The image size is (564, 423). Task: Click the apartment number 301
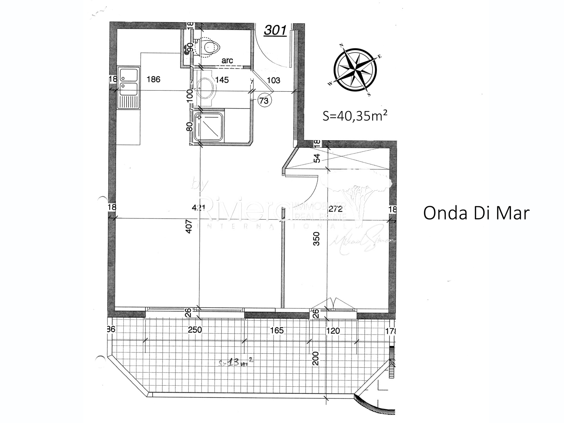click(275, 30)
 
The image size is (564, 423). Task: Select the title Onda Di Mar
click(476, 213)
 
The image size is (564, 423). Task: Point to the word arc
click(227, 61)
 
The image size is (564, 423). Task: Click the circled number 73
click(264, 101)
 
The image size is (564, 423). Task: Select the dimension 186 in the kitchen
click(153, 79)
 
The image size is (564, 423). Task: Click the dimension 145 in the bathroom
click(222, 80)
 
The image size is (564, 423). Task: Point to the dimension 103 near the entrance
click(274, 80)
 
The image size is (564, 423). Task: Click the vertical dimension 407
click(189, 226)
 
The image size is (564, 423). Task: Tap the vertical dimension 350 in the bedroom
click(317, 238)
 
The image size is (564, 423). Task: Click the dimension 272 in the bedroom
click(335, 208)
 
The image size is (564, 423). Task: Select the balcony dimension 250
click(195, 330)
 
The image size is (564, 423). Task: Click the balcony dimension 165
click(277, 330)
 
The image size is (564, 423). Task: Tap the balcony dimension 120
click(333, 331)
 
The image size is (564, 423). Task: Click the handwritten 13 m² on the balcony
click(237, 362)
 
